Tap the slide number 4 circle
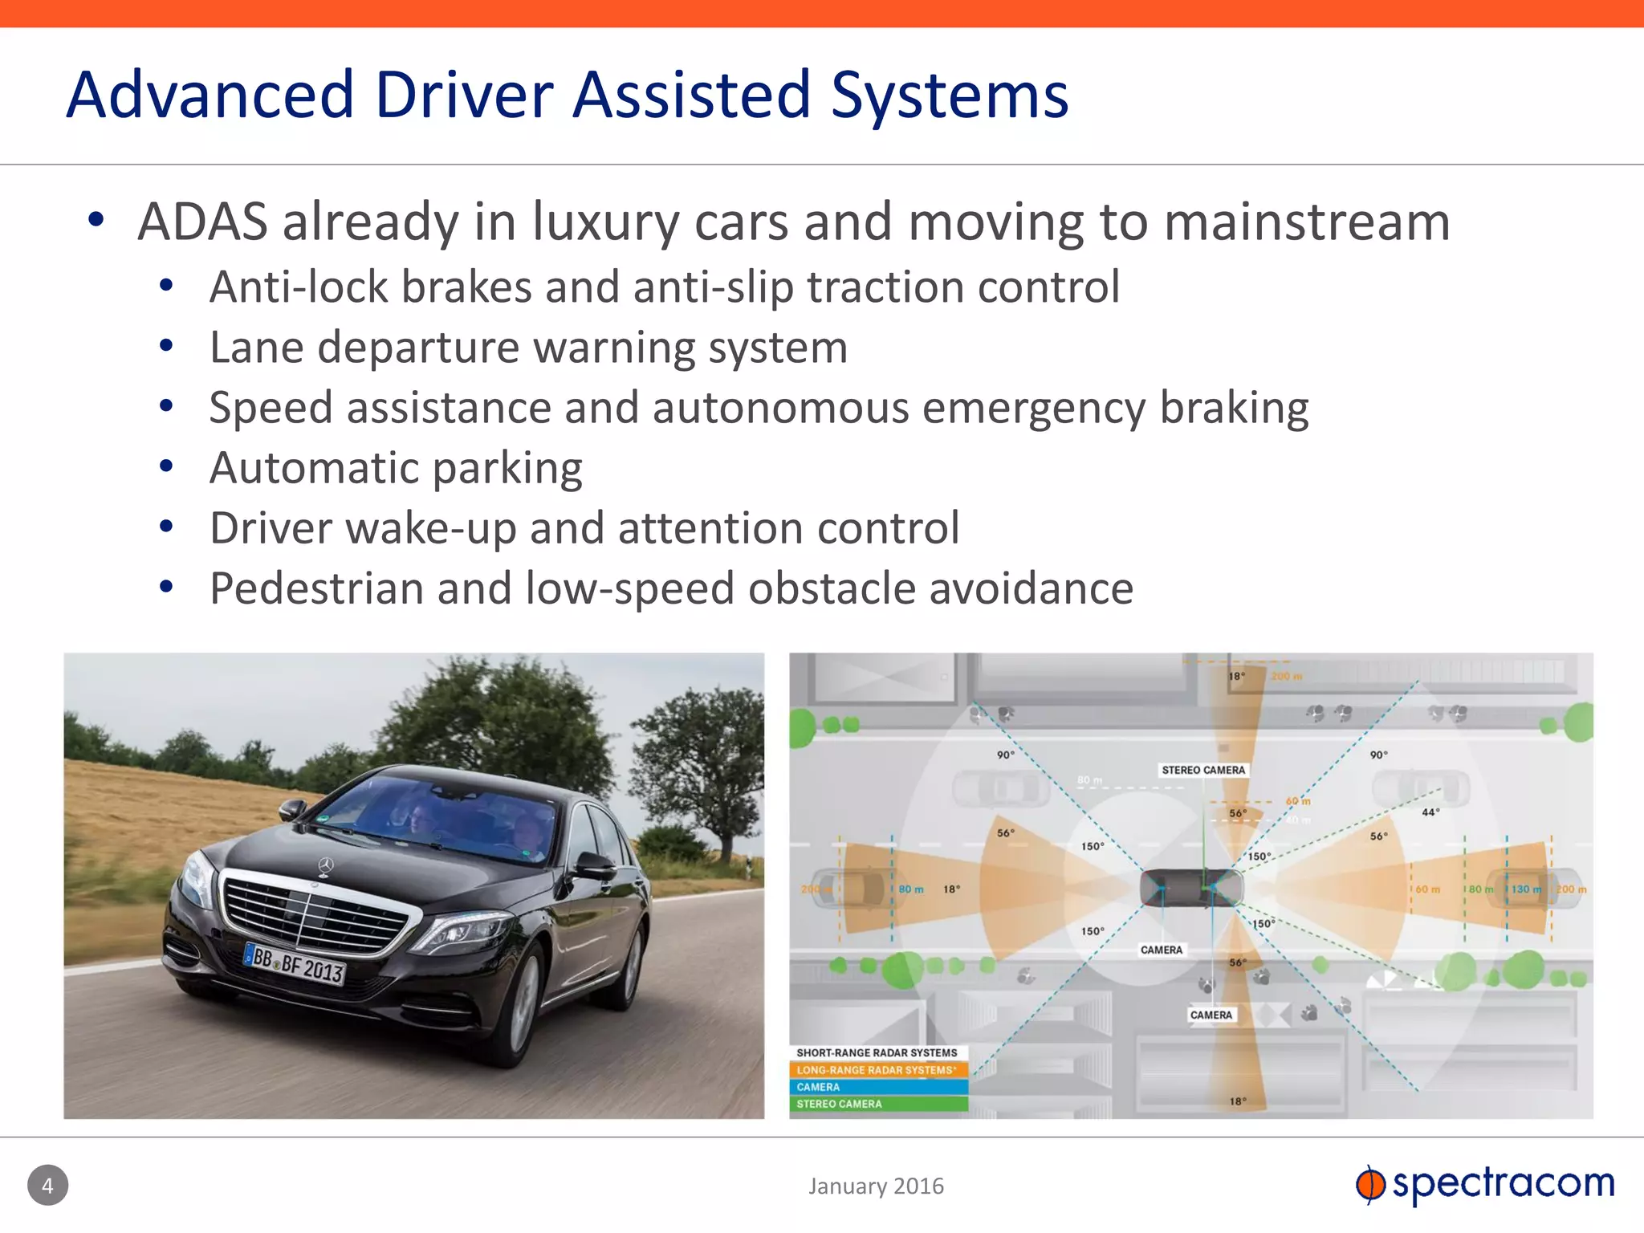tap(48, 1185)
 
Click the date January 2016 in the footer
tap(876, 1186)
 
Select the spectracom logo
tap(1485, 1184)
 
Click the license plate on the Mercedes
tap(295, 964)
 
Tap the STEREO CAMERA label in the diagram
tap(1202, 770)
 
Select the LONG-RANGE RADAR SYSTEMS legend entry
tap(877, 1070)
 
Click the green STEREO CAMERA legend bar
tap(878, 1104)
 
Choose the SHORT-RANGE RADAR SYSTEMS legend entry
tap(877, 1052)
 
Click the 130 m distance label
tap(1526, 889)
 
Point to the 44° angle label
tap(1430, 812)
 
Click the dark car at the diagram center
tap(1191, 888)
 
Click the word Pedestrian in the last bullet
tap(316, 588)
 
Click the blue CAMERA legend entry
tap(878, 1087)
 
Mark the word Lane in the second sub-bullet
tap(256, 348)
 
